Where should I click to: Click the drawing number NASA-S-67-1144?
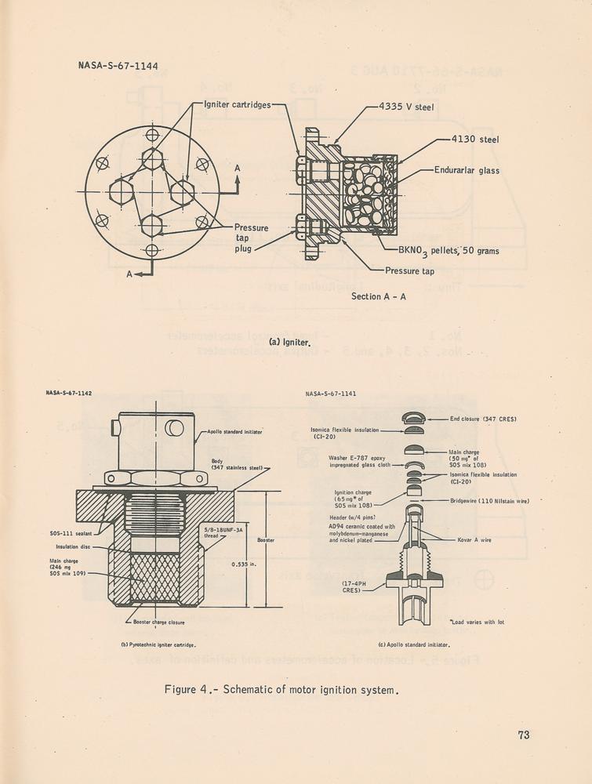click(118, 66)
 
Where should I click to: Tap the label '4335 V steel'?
click(406, 107)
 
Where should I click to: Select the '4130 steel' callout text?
click(475, 140)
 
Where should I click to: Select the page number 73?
click(524, 735)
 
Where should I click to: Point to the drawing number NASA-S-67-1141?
click(331, 394)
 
